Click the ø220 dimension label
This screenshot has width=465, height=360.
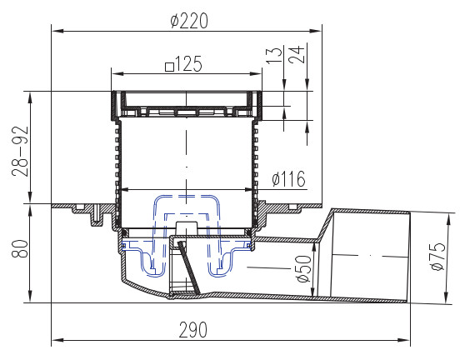[x=189, y=21]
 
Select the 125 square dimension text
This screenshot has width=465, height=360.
[x=184, y=64]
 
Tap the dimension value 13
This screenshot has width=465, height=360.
[x=274, y=55]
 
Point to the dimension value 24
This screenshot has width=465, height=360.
[x=297, y=54]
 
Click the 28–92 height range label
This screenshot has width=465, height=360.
[x=20, y=151]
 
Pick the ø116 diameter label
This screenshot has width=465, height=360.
[x=288, y=179]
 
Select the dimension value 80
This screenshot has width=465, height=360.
[x=20, y=248]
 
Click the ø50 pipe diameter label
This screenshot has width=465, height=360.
[x=303, y=268]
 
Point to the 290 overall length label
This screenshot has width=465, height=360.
[x=193, y=330]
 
